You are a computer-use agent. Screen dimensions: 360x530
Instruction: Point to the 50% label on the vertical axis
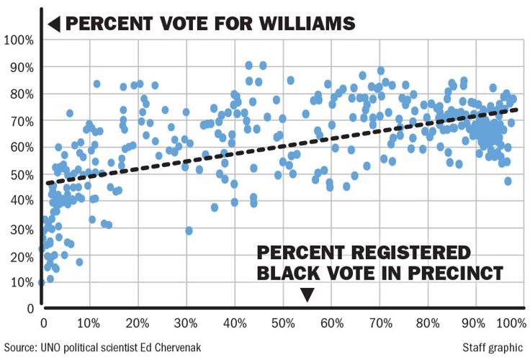19,174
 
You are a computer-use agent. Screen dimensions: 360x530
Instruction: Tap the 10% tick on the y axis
19,282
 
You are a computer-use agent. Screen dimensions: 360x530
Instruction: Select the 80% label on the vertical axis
19,93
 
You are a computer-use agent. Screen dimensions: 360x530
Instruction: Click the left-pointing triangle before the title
53,23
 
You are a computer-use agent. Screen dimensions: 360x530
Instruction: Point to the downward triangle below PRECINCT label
307,294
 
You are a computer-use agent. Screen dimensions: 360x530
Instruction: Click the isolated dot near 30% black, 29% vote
189,230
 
